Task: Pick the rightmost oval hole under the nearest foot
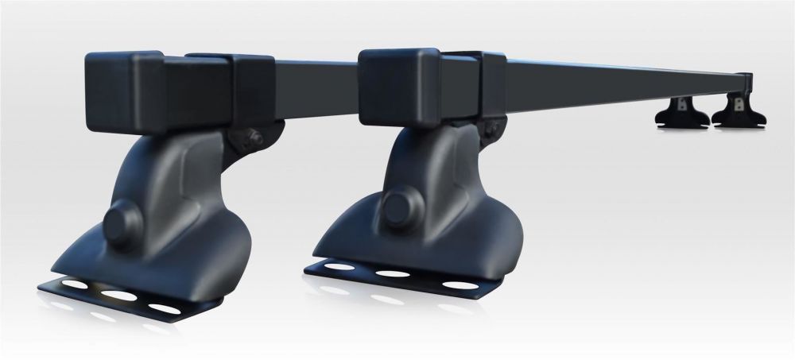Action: [162, 307]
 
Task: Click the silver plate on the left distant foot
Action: [681, 103]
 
